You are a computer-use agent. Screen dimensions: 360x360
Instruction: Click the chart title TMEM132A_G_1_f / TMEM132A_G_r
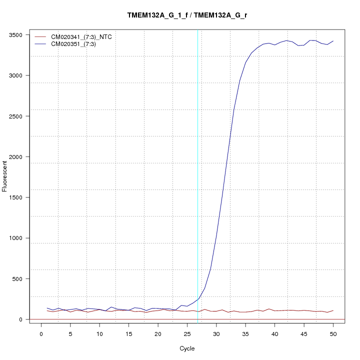[187, 15]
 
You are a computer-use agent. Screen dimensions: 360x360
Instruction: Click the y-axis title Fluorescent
[5, 175]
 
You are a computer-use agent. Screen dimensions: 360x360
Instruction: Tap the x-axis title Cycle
[187, 348]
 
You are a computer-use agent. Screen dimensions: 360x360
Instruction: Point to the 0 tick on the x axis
[41, 333]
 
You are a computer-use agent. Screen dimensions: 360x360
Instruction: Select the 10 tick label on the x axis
[99, 333]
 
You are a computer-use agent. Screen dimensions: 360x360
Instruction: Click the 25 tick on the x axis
[187, 333]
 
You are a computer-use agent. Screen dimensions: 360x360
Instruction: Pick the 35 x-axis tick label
[245, 333]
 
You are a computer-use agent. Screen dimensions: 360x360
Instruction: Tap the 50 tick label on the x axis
[333, 333]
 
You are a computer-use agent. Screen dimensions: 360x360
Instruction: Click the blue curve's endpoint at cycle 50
[333, 41]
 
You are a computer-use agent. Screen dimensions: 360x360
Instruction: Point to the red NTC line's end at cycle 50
[333, 310]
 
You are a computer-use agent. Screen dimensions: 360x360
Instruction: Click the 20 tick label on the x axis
[158, 333]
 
